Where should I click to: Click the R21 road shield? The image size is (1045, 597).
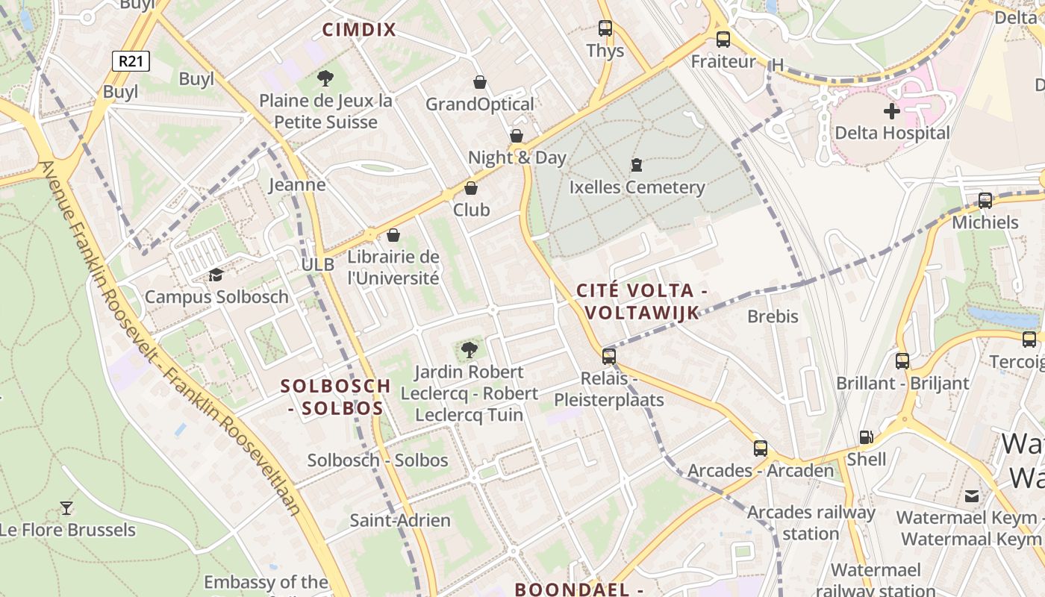click(x=131, y=61)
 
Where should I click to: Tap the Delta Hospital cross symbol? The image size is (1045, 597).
click(x=891, y=112)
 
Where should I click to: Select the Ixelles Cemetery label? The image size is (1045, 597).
click(x=637, y=187)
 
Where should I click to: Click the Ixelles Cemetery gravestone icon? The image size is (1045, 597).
click(x=637, y=164)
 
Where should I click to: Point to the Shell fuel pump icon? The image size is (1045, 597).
click(x=866, y=437)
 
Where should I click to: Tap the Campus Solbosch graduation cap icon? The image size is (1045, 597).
click(x=216, y=275)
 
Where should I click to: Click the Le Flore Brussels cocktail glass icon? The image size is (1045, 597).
click(x=66, y=508)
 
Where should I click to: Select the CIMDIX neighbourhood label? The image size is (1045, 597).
click(x=359, y=30)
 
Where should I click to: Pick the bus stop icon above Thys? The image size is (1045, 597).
click(x=605, y=28)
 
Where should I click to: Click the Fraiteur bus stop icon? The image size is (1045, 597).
click(x=723, y=40)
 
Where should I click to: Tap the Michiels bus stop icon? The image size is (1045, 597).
click(x=985, y=200)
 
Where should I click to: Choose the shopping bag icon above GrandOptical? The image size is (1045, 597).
click(x=480, y=81)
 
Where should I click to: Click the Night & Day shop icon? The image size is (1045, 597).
click(x=516, y=136)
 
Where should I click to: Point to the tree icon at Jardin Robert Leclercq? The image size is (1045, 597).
click(x=469, y=349)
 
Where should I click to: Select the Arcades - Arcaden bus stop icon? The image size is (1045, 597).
click(x=760, y=448)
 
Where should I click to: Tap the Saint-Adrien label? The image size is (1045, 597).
click(x=400, y=520)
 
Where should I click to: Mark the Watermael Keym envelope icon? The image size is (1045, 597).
click(x=972, y=496)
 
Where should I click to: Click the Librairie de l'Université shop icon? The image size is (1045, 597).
click(x=393, y=236)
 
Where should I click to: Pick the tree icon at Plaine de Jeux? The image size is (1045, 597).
click(x=325, y=78)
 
